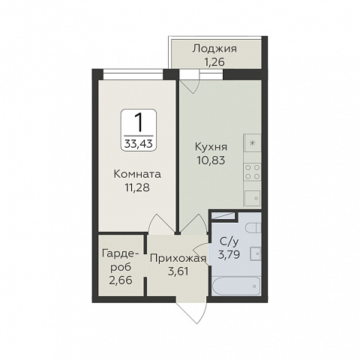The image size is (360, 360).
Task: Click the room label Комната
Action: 137,174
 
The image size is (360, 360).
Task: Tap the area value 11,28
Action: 137,187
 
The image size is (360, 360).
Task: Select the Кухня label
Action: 211,147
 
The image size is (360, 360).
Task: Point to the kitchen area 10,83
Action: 211,160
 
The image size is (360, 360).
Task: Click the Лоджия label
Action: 214,49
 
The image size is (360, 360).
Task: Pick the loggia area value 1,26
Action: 214,61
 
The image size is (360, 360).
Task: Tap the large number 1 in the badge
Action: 139,122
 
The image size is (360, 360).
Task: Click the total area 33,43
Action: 139,143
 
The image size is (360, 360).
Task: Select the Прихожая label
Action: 178,259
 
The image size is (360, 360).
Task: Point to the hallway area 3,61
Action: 178,271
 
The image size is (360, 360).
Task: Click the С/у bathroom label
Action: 229,241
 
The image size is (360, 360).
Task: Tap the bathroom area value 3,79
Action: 229,254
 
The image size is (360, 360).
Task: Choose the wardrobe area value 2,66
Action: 121,280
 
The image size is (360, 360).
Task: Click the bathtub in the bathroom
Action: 236,286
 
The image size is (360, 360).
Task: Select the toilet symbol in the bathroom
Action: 253,228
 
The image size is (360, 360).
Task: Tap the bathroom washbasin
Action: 255,253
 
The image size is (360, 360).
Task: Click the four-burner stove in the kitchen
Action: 253,172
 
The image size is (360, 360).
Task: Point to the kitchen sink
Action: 253,198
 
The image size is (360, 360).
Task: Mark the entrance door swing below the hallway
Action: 192,310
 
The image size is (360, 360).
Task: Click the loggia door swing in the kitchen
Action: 190,82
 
